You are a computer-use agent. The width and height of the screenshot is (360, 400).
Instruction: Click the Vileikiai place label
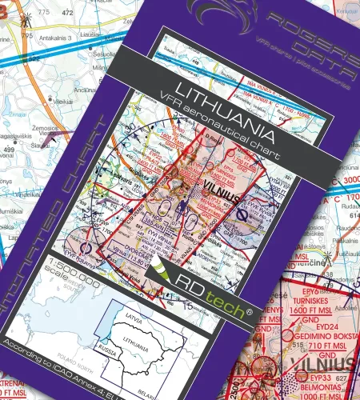(62, 102)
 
